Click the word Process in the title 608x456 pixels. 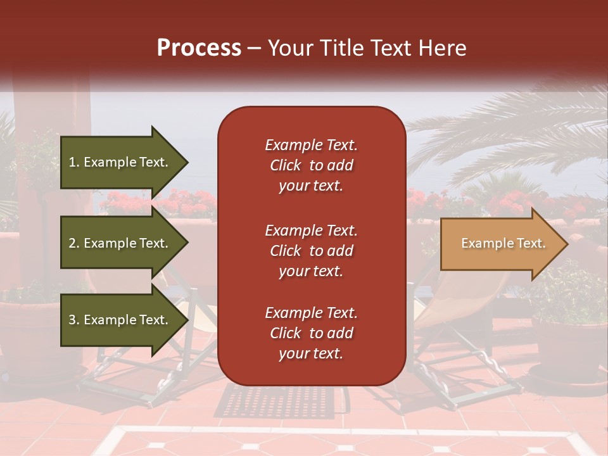[199, 48]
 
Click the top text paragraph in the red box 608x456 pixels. [311, 165]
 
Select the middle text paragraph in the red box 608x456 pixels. [311, 251]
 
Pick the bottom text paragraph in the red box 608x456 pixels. [311, 333]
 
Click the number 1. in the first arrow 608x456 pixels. [74, 162]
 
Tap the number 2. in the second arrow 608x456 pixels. [74, 243]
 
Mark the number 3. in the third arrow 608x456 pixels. [74, 320]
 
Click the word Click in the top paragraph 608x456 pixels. [286, 165]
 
